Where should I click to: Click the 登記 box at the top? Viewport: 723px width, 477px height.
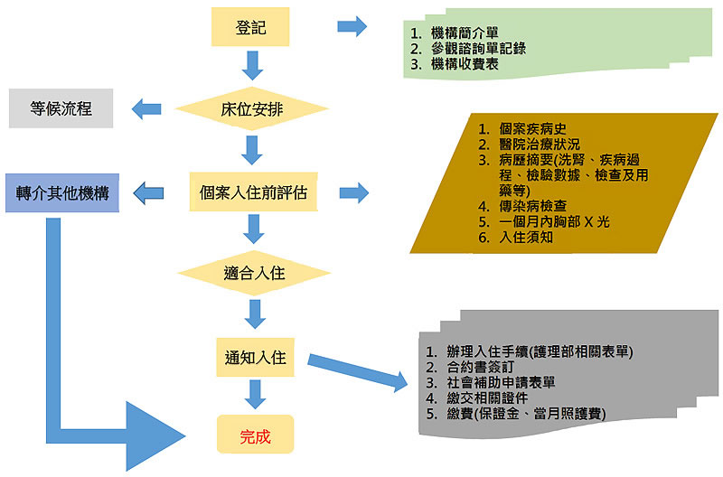pos(251,27)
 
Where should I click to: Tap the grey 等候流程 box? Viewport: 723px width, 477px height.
pos(61,109)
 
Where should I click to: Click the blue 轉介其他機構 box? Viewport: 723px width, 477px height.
pos(62,192)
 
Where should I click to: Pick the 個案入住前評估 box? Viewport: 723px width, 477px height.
pos(253,192)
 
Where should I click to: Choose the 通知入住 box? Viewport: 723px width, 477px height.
pos(254,357)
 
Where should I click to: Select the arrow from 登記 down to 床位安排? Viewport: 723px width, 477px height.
pos(252,65)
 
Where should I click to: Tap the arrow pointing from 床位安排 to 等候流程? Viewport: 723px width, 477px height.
pos(148,110)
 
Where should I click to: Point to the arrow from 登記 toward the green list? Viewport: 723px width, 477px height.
pos(351,26)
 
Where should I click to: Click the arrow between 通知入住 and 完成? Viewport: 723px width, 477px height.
pos(255,395)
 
